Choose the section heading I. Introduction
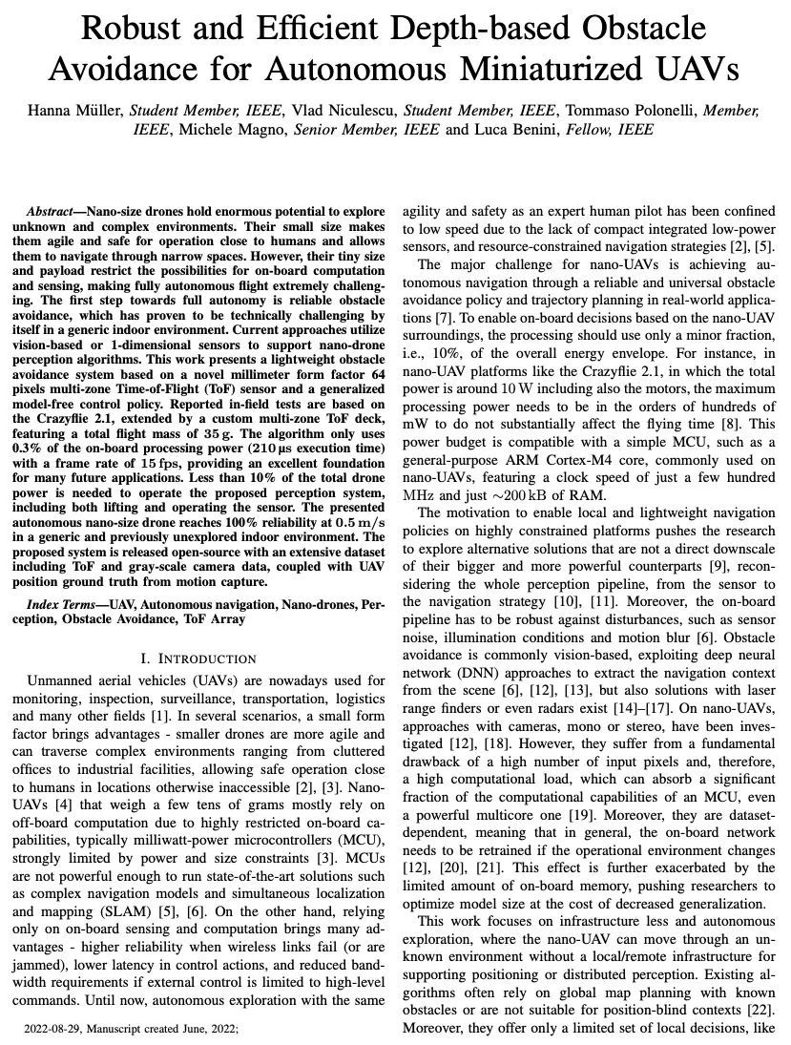click(x=198, y=658)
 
